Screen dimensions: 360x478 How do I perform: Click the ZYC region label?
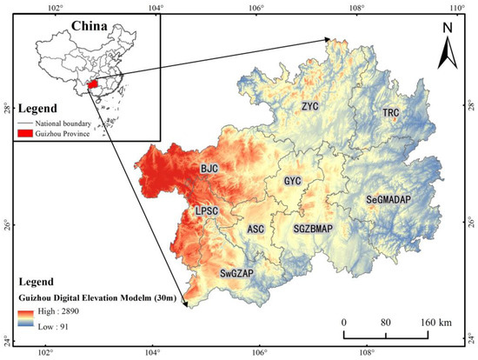coord(310,107)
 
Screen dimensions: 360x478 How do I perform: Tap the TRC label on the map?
coord(392,114)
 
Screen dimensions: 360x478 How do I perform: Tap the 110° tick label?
coord(457,9)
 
